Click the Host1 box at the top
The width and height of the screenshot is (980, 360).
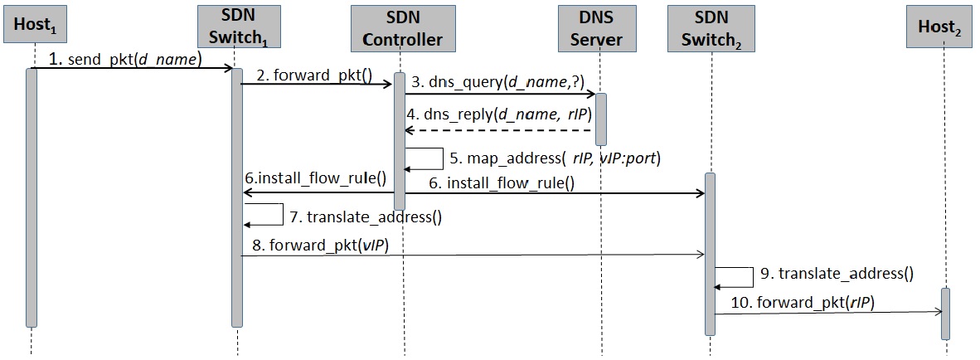coord(34,27)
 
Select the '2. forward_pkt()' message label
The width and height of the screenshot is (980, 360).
coord(313,75)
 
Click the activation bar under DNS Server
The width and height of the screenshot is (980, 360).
coord(601,119)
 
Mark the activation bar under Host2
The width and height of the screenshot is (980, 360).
coord(946,313)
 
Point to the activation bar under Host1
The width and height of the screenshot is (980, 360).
coord(32,197)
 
